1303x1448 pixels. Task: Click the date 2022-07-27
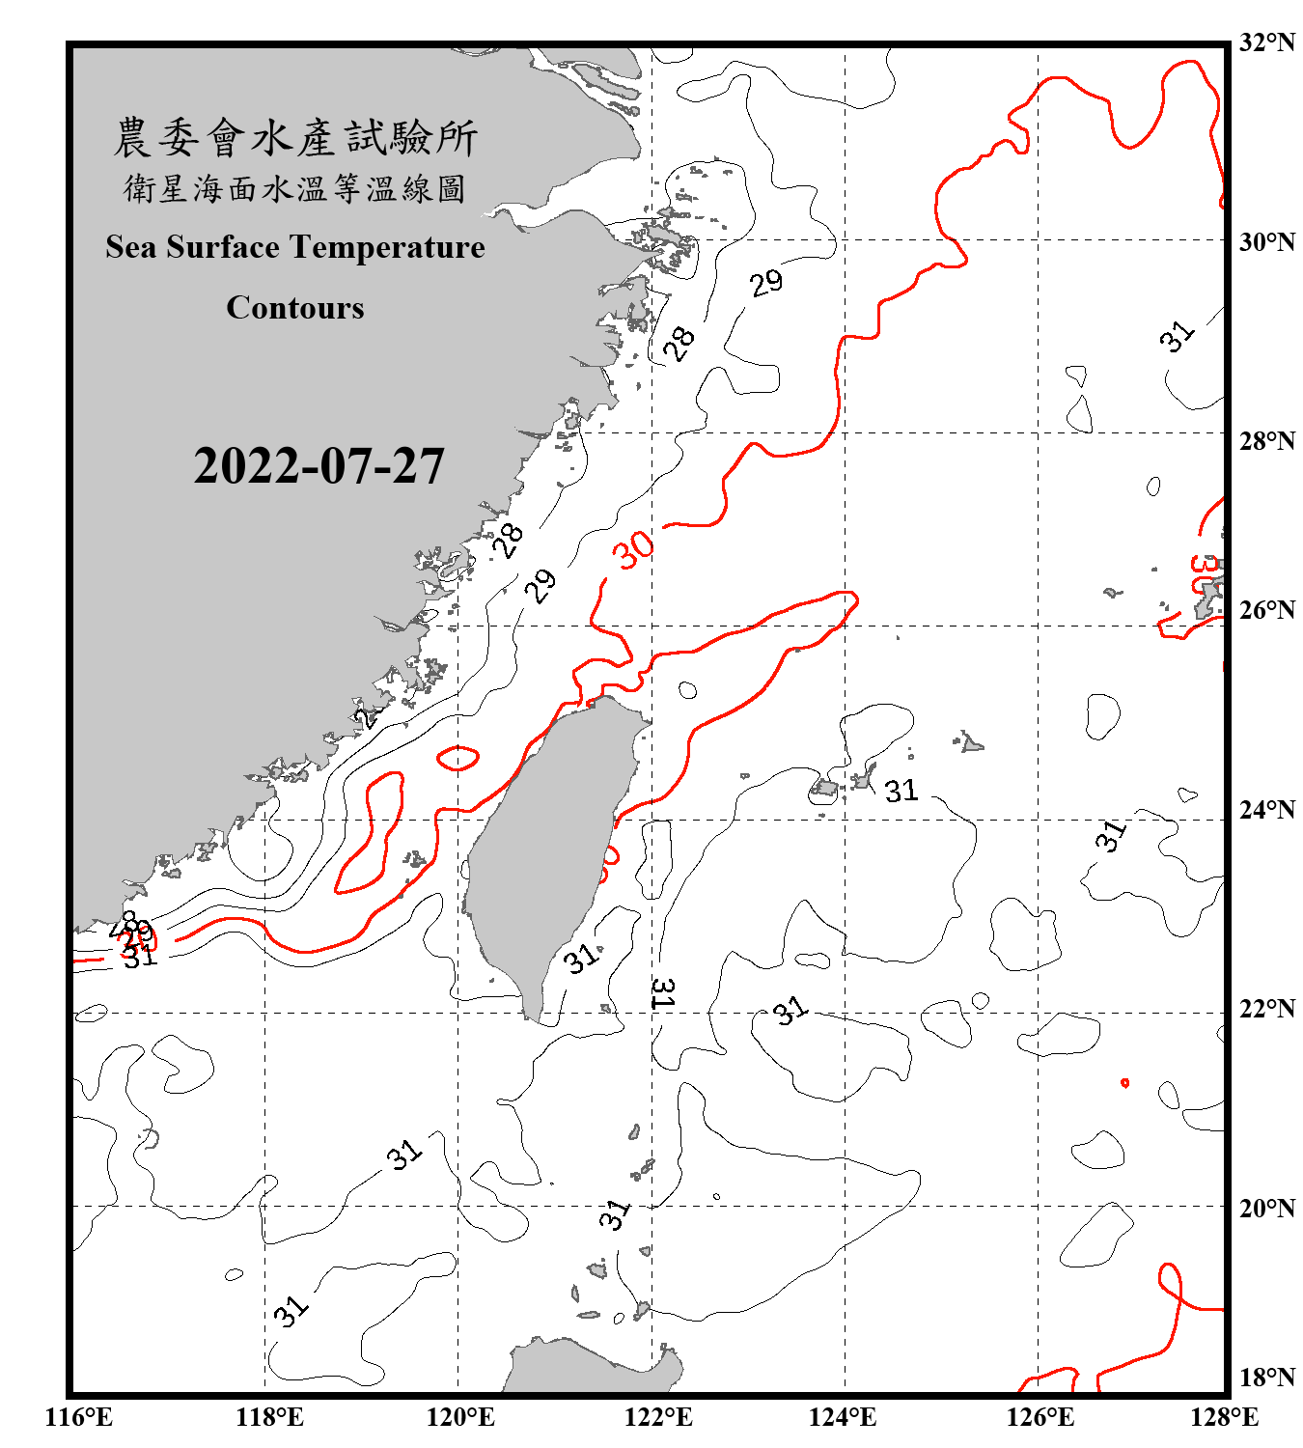point(319,466)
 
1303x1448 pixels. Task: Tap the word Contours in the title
point(295,308)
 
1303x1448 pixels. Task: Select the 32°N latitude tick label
point(1266,42)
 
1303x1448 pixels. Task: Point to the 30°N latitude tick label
point(1266,241)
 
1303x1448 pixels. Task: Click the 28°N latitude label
point(1266,441)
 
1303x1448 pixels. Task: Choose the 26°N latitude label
point(1266,610)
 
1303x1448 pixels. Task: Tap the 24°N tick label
point(1266,809)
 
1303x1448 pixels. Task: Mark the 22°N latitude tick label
point(1266,1009)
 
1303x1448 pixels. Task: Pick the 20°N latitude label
point(1266,1208)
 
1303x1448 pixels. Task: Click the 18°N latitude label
point(1266,1378)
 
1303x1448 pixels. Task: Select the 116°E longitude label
point(79,1417)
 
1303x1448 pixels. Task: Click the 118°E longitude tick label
point(269,1417)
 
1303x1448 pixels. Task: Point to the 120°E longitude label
point(460,1417)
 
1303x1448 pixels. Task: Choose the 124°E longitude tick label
point(843,1417)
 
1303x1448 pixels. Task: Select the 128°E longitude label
point(1224,1417)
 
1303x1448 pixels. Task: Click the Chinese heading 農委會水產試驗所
point(295,138)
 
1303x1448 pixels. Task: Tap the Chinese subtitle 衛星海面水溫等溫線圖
point(295,188)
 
